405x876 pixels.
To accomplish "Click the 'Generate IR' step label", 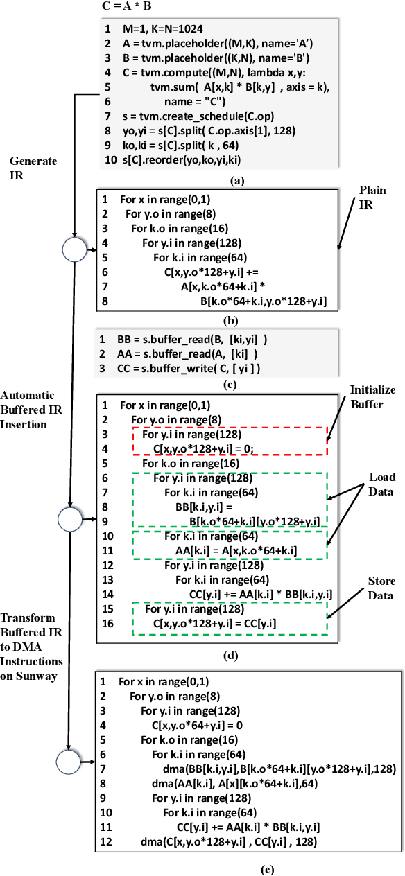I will pyautogui.click(x=33, y=167).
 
